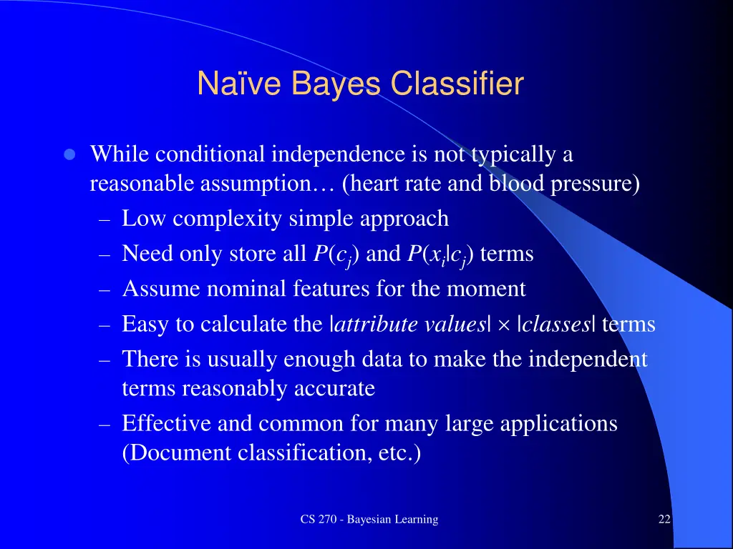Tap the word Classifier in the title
[457, 84]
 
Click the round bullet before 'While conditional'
[69, 155]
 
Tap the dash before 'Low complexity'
[105, 219]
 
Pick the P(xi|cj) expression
[440, 254]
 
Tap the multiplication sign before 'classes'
[503, 325]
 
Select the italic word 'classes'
[555, 325]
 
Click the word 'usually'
[243, 359]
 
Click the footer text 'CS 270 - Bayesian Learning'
[369, 520]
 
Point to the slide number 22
[664, 520]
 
